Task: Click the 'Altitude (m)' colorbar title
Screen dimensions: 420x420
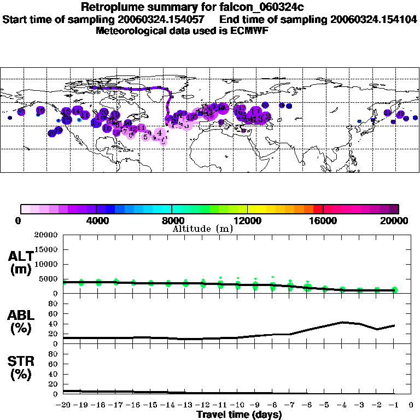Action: pyautogui.click(x=202, y=229)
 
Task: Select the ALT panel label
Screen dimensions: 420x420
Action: pyautogui.click(x=20, y=262)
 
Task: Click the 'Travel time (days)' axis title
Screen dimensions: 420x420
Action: pyautogui.click(x=240, y=415)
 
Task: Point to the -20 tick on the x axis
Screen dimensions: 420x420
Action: pyautogui.click(x=64, y=405)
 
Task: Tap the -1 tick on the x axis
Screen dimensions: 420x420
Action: pyautogui.click(x=394, y=405)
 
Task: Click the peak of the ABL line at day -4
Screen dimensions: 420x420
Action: pyautogui.click(x=342, y=322)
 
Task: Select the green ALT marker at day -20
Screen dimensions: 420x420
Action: pyautogui.click(x=65, y=282)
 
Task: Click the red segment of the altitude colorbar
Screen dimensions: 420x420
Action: pyautogui.click(x=318, y=209)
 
